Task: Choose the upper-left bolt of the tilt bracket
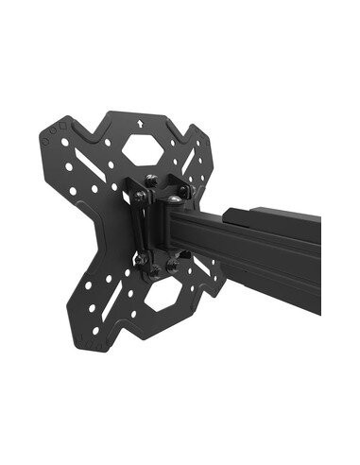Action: click(x=140, y=196)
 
